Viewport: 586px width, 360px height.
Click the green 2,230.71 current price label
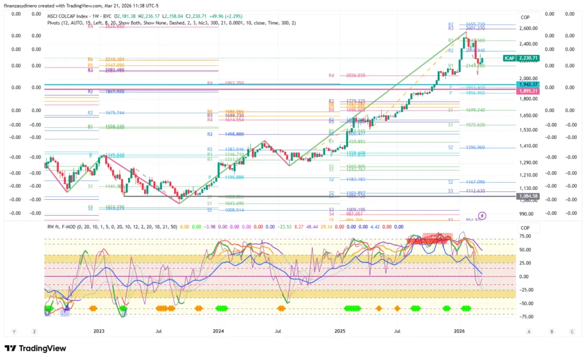528,58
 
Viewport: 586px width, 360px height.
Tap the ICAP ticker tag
509,58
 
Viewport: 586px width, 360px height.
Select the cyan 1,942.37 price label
527,84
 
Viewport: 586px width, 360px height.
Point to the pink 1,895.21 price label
527,90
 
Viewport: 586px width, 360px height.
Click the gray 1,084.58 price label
527,196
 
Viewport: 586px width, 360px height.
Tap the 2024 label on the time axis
218,331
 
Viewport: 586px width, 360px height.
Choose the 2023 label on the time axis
98,331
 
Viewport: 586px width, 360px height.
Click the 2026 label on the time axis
459,331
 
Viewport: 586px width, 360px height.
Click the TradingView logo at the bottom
35,348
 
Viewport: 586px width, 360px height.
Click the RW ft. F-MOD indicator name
64,226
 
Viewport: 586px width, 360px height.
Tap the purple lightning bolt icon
482,216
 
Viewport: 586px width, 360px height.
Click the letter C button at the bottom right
572,331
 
